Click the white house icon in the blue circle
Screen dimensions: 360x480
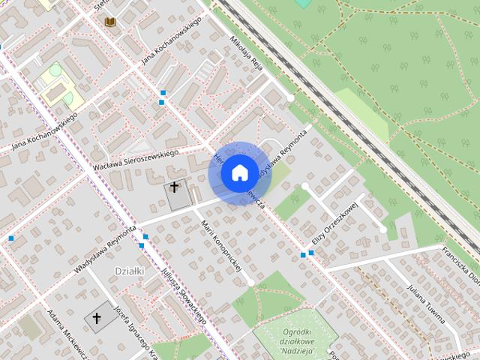point(238,172)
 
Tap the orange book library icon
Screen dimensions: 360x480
point(111,22)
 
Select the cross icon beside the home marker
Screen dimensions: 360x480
point(175,187)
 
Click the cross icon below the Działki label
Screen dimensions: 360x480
point(96,319)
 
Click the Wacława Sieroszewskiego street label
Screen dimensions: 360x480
point(136,159)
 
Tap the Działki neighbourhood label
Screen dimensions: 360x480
point(129,270)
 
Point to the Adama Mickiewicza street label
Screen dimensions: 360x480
point(64,334)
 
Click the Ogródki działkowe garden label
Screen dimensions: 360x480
point(293,334)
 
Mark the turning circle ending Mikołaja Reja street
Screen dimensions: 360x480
point(291,97)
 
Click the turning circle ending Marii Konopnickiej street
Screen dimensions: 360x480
point(250,283)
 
